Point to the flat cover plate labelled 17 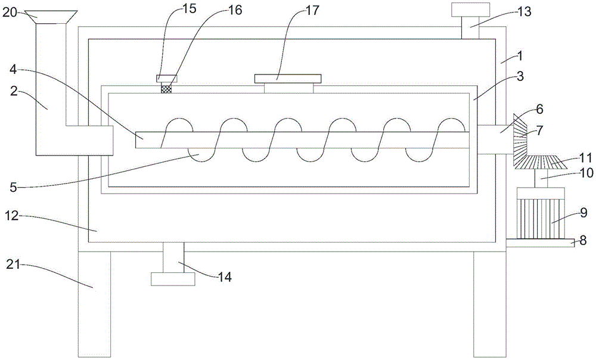[x=288, y=78]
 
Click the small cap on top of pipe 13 [x=470, y=10]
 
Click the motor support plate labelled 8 [x=540, y=242]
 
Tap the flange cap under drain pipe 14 [x=173, y=279]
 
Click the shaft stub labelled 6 [x=492, y=139]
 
